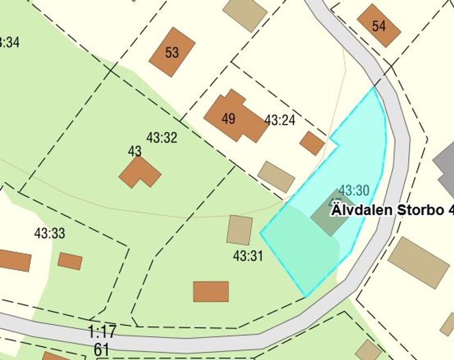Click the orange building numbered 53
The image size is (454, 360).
click(x=172, y=52)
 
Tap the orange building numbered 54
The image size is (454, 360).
click(x=379, y=25)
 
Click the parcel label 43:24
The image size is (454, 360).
click(x=280, y=120)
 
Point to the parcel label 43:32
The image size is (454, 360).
click(x=162, y=138)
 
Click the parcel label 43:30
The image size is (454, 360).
click(x=353, y=191)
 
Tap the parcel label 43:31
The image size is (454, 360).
click(x=248, y=256)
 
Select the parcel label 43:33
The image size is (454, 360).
click(x=50, y=233)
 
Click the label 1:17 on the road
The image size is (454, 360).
click(x=102, y=331)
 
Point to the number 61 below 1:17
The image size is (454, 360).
click(x=101, y=349)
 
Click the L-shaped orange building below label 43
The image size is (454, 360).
click(x=139, y=172)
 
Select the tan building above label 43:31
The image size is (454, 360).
click(x=239, y=230)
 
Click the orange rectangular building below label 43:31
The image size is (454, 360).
click(x=211, y=291)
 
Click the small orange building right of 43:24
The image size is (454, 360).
click(x=312, y=143)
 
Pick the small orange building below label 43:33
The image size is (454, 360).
click(x=70, y=261)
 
